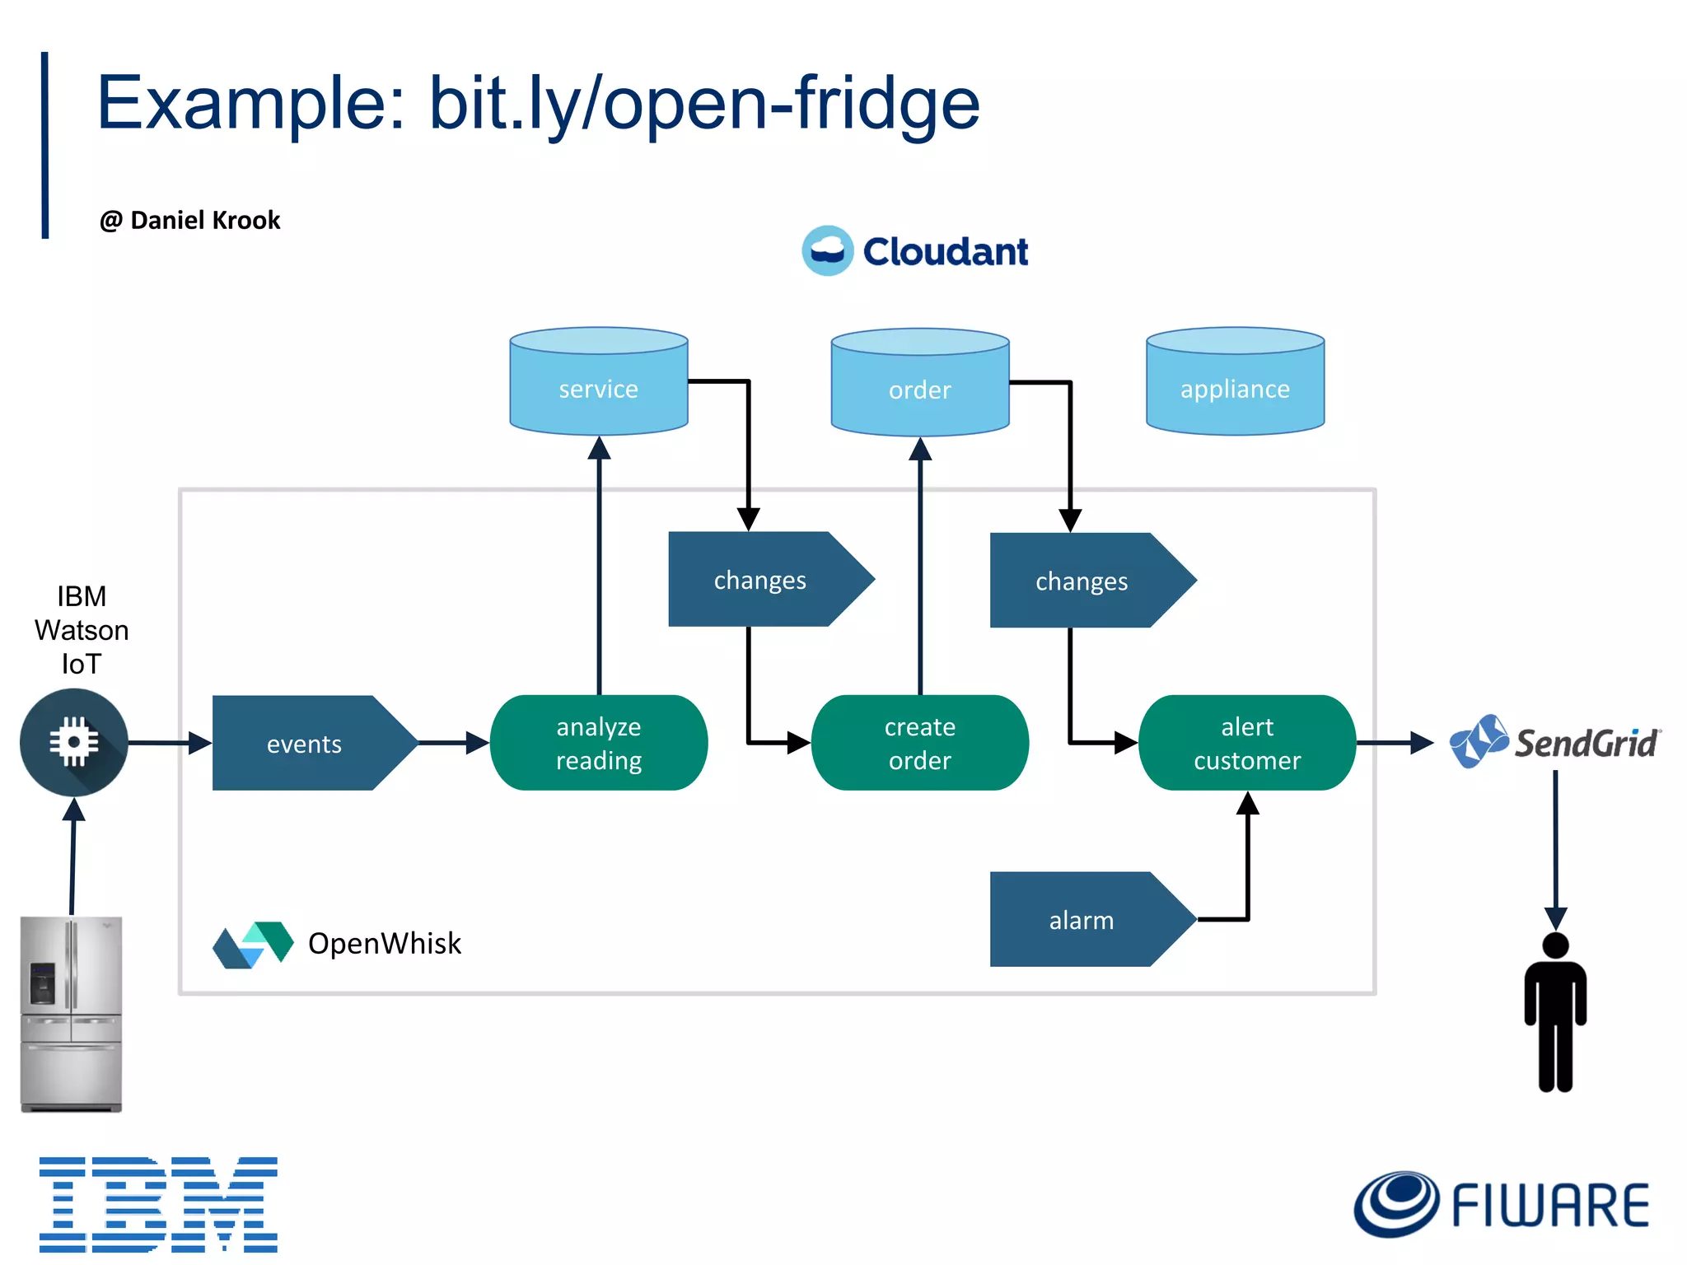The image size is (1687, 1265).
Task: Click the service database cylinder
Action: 598,382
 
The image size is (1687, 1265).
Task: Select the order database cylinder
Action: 919,384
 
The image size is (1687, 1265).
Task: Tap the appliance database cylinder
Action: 1235,382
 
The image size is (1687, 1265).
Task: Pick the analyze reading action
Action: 598,743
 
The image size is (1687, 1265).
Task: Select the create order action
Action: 919,743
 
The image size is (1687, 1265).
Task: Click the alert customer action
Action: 1246,743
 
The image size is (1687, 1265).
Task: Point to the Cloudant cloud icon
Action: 827,250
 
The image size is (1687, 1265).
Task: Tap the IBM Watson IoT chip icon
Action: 74,742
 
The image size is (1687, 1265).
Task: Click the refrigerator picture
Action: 72,1014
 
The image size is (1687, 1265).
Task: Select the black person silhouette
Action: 1554,1013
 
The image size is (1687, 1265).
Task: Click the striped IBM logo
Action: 158,1204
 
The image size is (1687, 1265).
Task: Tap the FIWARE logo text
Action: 1549,1206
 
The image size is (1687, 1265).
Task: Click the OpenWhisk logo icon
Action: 253,944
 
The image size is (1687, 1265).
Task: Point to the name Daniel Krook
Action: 205,221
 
